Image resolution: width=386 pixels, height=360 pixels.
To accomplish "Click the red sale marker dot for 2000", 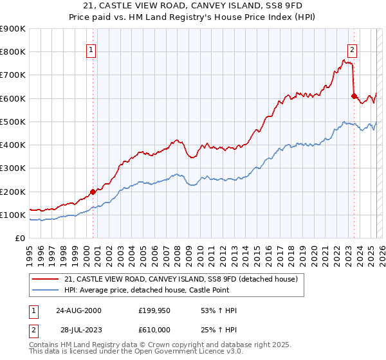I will [x=93, y=191].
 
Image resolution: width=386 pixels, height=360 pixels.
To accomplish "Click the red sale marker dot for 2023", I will [x=354, y=96].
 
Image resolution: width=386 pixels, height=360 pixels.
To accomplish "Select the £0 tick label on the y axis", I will [x=20, y=239].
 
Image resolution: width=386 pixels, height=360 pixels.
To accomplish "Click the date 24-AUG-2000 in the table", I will [x=78, y=310].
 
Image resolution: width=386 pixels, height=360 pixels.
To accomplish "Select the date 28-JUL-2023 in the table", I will [x=78, y=330].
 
